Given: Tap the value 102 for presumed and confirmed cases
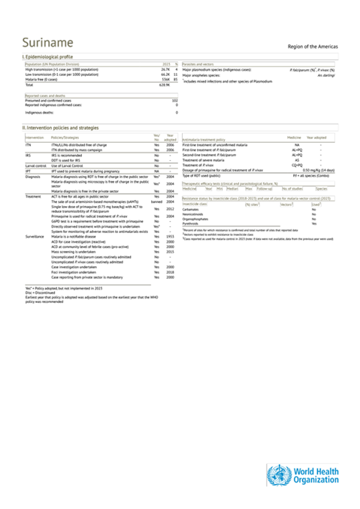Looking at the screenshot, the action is pyautogui.click(x=174, y=100).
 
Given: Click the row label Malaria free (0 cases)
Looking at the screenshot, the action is pyautogui.click(x=42, y=80).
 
